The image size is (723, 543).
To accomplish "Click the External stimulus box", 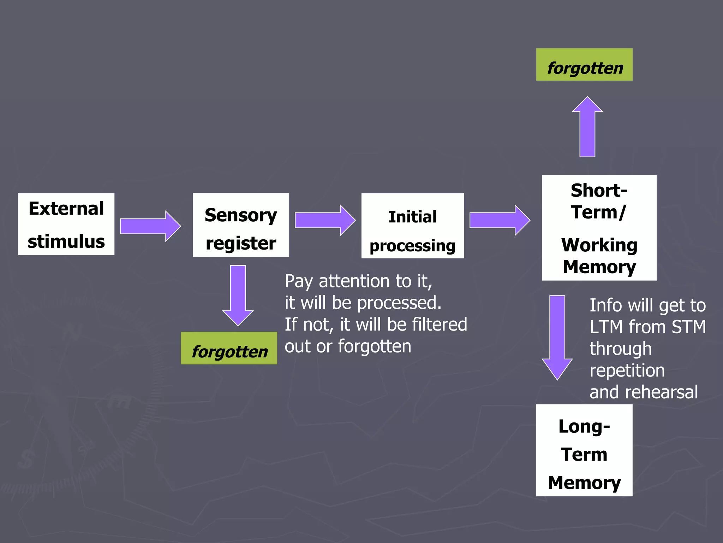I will pos(66,224).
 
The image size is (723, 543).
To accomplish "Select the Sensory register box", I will pos(241,225).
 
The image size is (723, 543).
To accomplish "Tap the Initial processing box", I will pos(412,226).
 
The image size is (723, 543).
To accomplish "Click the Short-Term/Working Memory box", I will pos(599,228).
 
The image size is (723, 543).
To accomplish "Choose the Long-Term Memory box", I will pos(584,450).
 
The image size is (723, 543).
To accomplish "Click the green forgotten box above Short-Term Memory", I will pos(584,65).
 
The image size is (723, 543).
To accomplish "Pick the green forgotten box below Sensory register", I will pos(229,348).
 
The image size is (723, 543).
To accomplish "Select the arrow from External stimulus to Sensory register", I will pos(150,226).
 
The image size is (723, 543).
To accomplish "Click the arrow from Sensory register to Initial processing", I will pos(324,220).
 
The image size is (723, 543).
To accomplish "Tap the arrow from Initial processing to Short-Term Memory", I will pos(499,220).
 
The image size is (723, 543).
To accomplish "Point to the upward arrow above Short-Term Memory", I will pos(587,127).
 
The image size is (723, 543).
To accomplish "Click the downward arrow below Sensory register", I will pos(238,295).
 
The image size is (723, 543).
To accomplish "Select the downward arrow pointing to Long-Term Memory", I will pos(557,336).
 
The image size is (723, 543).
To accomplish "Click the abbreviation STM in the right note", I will pos(688,327).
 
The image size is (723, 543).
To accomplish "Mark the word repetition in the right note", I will pos(627,370).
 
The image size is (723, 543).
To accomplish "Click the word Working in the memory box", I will pos(599,245).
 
